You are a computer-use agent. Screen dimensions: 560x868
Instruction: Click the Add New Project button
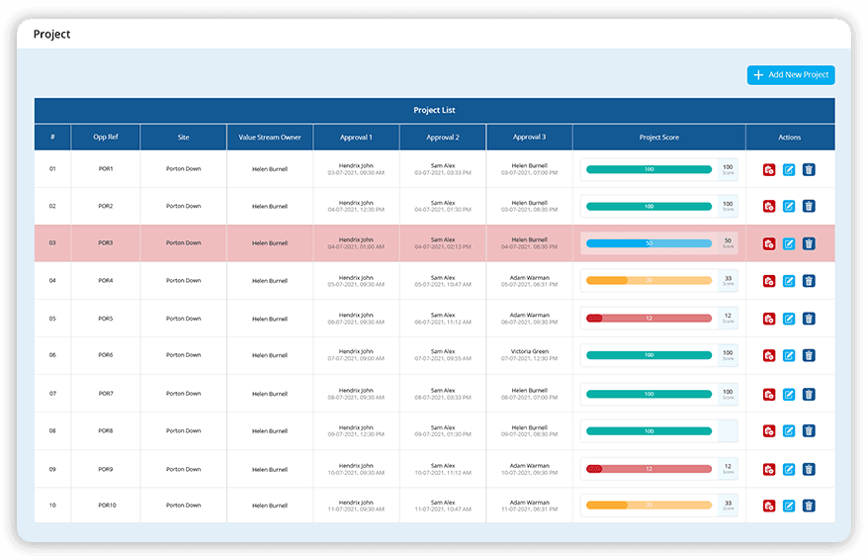click(x=791, y=75)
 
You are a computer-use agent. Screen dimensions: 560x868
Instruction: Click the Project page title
click(x=52, y=35)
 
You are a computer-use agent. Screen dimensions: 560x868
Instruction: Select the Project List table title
click(x=434, y=111)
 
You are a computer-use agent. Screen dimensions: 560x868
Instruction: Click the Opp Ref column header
click(x=106, y=138)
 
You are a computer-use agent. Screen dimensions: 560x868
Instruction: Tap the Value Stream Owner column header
click(x=270, y=138)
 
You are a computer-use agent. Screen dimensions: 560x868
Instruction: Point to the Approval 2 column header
click(x=443, y=138)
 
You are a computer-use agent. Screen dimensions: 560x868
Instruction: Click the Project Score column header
click(x=658, y=138)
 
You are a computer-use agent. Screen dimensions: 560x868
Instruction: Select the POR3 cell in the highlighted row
click(x=106, y=243)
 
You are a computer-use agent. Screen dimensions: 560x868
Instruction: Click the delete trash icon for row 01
click(x=809, y=170)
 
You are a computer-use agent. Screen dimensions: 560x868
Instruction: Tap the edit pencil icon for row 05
click(x=789, y=319)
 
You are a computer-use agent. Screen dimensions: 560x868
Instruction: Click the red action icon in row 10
click(x=768, y=506)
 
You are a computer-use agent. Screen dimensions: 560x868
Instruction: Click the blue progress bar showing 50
click(x=649, y=243)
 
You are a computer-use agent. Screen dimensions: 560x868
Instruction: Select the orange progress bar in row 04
click(x=649, y=281)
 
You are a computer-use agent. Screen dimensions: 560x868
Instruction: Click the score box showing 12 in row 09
click(x=728, y=468)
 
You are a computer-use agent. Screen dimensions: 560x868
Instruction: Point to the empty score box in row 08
click(x=728, y=430)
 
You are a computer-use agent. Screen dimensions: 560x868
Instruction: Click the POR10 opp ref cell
click(x=106, y=506)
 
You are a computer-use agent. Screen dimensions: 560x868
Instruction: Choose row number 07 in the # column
click(x=52, y=394)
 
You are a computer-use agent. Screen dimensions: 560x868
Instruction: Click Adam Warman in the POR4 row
click(x=529, y=278)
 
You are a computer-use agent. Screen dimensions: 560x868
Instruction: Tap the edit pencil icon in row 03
click(x=789, y=243)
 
